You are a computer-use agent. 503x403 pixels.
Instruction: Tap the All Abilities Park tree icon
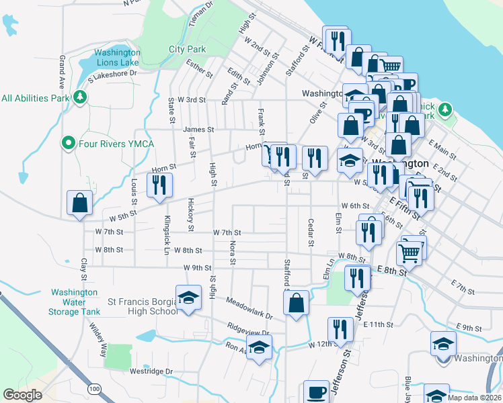click(80, 98)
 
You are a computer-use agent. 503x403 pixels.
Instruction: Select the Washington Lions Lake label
click(117, 57)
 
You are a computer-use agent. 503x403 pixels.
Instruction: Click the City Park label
click(187, 49)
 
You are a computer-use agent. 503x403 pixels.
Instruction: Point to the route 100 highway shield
click(93, 389)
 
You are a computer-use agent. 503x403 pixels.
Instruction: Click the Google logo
click(22, 395)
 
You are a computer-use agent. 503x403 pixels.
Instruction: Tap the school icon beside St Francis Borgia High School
click(189, 297)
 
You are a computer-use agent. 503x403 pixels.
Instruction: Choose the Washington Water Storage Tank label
click(75, 302)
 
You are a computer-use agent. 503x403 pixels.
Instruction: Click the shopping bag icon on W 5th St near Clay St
click(79, 203)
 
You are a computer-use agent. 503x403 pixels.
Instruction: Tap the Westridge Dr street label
click(151, 371)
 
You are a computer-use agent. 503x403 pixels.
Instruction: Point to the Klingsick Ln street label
click(166, 226)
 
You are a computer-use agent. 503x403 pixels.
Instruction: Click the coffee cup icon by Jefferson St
click(316, 392)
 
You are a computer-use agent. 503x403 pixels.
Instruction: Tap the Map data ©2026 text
click(475, 398)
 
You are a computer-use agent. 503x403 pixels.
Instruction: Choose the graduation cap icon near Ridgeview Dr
click(258, 348)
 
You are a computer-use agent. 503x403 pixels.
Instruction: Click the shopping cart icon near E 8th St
click(409, 253)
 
